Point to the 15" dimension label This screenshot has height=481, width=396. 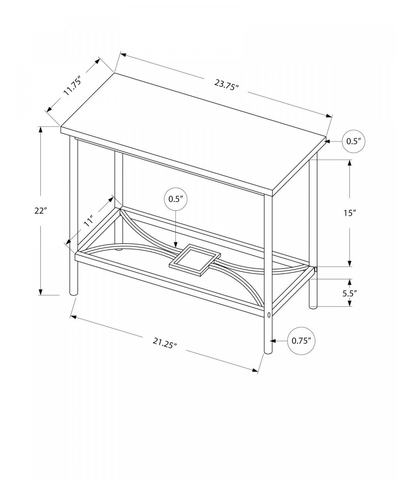point(350,213)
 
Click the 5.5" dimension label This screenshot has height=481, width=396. point(350,293)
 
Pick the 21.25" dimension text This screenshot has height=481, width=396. point(165,343)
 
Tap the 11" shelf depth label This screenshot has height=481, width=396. point(89,221)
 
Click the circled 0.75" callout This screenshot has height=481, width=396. point(301,341)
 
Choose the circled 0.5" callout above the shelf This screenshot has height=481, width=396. point(176,199)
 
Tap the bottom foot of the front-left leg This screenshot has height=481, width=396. point(73,292)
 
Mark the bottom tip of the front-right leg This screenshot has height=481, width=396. point(268,352)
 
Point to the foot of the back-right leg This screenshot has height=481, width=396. point(313,307)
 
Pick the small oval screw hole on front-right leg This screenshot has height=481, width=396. point(268,315)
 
